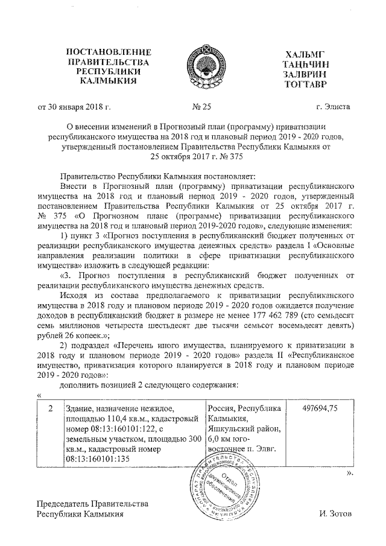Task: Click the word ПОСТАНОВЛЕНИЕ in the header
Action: [x=108, y=52]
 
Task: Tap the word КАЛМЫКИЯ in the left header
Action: [x=108, y=80]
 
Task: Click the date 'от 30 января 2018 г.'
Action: [x=74, y=107]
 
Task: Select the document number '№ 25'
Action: [x=202, y=107]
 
